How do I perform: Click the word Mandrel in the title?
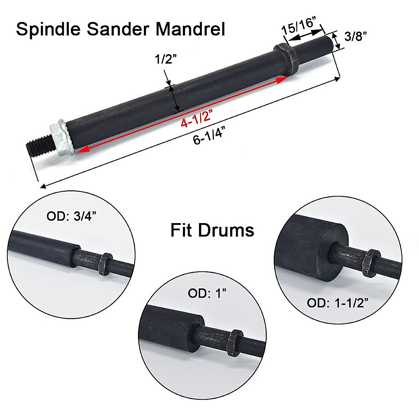[190, 29]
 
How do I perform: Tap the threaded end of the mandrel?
[39, 146]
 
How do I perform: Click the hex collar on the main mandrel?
[285, 56]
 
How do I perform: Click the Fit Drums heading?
[212, 230]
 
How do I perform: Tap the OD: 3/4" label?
[72, 216]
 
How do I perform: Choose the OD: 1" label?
[207, 293]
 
